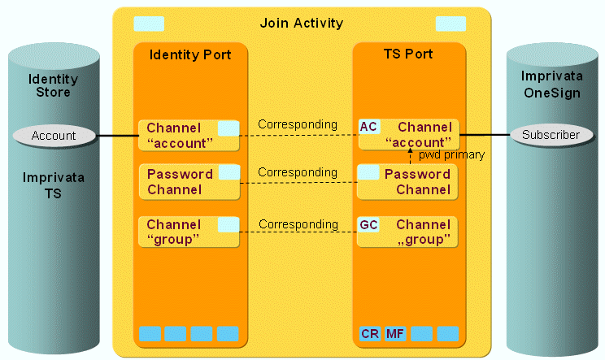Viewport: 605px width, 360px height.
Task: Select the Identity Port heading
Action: point(189,55)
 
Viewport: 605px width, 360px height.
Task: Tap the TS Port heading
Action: point(408,54)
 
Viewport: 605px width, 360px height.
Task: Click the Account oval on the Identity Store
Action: point(54,136)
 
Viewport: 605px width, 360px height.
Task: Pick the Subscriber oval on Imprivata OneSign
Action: point(551,135)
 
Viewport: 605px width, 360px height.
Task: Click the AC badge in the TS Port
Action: point(368,127)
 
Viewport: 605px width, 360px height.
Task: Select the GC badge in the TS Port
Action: point(368,224)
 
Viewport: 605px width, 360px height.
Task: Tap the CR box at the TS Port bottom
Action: point(368,333)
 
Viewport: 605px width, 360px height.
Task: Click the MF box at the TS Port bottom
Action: point(395,333)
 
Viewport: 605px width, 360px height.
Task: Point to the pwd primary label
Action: point(451,154)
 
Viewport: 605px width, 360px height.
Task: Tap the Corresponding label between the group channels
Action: point(298,224)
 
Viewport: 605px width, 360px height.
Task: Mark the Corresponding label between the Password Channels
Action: point(298,172)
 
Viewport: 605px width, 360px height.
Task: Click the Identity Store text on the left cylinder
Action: point(54,85)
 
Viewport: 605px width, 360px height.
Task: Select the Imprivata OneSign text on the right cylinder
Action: point(551,84)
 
